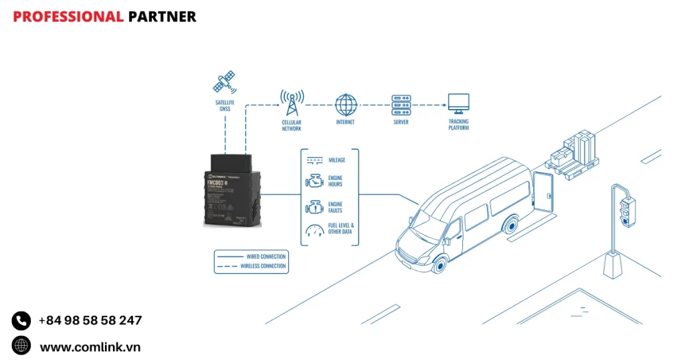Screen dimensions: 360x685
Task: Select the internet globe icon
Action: (345, 104)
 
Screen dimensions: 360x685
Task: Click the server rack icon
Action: (400, 104)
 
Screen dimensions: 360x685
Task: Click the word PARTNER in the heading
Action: (162, 17)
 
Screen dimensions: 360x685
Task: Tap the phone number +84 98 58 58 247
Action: (90, 321)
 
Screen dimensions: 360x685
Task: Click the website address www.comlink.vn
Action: (90, 347)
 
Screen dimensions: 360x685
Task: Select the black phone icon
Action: (21, 321)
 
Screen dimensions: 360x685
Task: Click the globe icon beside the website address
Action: (21, 346)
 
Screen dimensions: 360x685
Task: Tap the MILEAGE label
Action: (337, 161)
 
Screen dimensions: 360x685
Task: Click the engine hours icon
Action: (314, 181)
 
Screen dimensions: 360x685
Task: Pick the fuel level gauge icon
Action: (314, 230)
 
